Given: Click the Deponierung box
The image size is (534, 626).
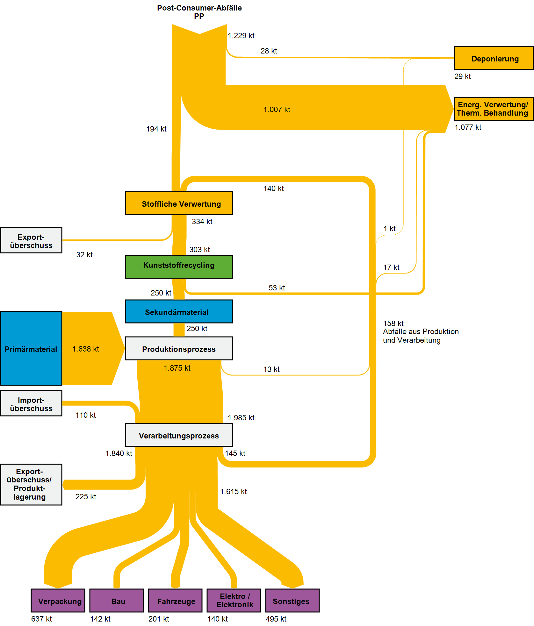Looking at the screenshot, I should coord(494,58).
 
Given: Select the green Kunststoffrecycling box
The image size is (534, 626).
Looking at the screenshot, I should coord(179,267).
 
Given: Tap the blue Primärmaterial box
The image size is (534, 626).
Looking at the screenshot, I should coord(31,348).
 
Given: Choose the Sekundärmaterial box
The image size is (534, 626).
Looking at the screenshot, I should coord(179,311).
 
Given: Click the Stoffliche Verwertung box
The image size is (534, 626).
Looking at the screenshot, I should coord(179,203).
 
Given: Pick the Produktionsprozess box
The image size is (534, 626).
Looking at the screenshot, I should coord(179,348).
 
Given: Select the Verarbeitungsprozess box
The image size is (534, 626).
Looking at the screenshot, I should coord(179,435).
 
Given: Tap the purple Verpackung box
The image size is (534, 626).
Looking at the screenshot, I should coord(58,601).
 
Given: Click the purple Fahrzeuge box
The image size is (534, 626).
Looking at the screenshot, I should coord(175,601).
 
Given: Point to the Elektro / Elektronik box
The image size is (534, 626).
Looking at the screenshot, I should coord(234,601).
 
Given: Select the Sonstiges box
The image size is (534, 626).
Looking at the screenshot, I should coord(292,601).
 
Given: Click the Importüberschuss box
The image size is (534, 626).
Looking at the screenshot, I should coord(31,403).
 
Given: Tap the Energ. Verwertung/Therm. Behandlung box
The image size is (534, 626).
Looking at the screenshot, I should coord(494,109).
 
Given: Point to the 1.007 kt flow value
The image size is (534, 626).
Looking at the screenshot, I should coord(277,110).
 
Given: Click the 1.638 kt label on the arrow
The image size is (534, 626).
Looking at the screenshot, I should coord(85,349).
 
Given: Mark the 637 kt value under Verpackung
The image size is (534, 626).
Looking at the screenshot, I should coord(41,619).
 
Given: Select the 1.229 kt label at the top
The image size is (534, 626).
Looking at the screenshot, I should coord(241,36).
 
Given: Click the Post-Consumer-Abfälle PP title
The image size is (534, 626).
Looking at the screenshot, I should coord(199,12).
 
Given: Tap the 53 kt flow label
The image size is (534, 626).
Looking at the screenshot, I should coord(277,288).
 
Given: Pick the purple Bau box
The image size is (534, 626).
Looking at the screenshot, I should coord(117,601).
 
